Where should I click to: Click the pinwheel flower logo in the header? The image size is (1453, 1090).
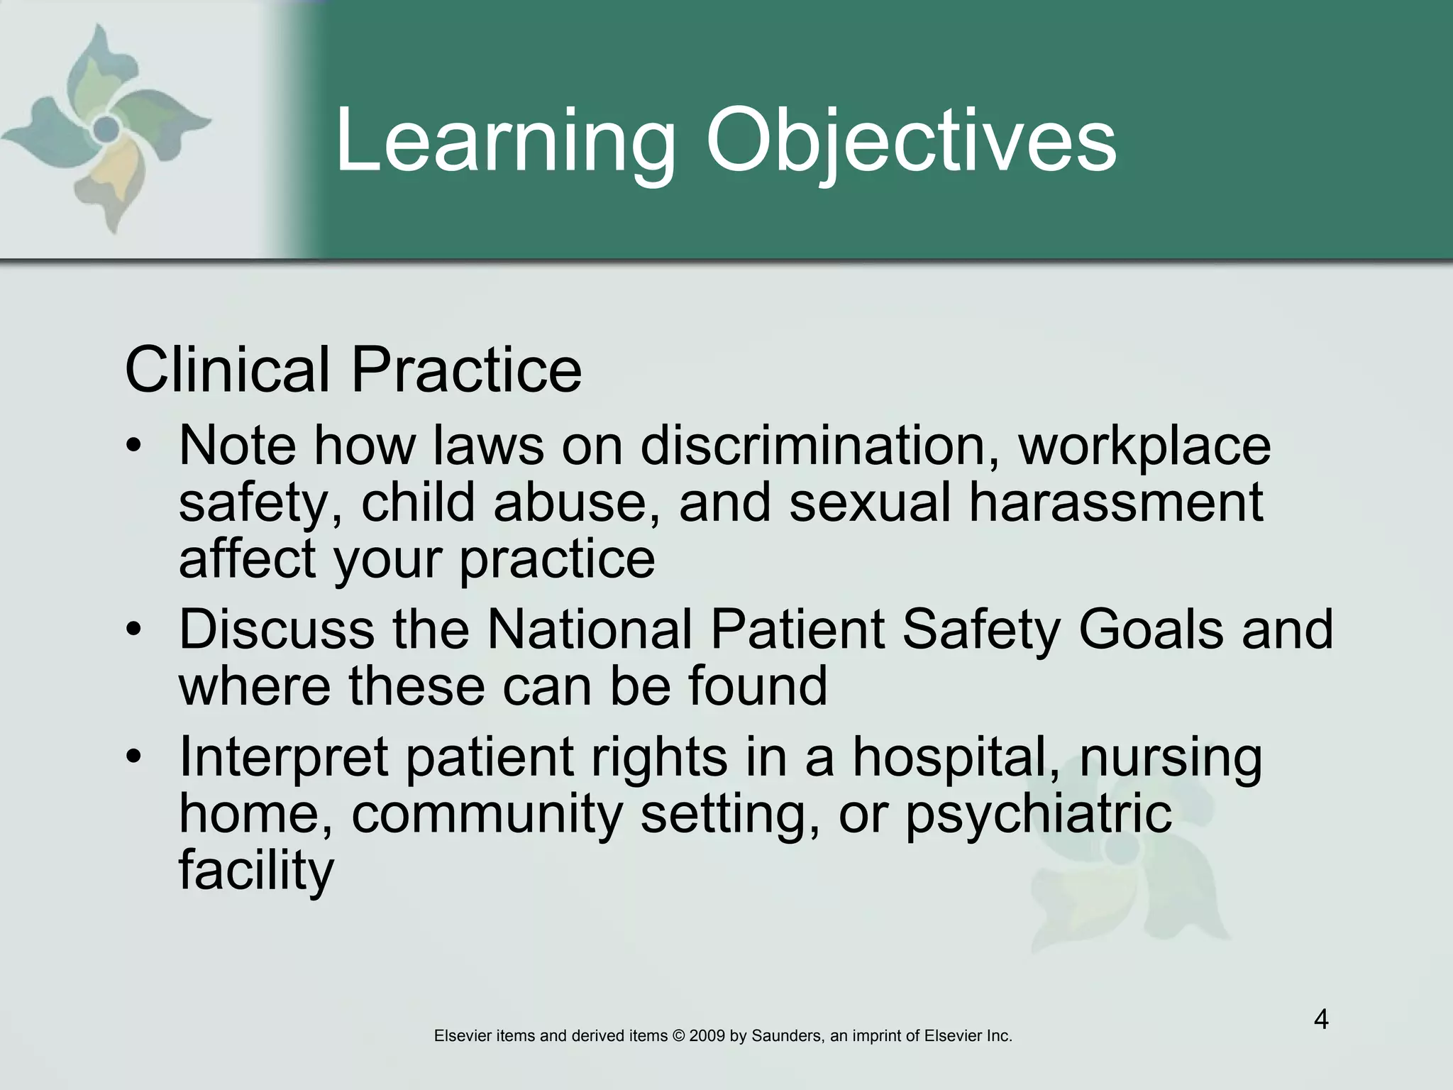coord(106,128)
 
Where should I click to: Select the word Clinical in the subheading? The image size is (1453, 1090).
coord(227,370)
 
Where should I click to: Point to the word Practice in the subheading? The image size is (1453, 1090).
coord(466,370)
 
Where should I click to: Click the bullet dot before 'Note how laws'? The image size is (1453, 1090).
coord(133,447)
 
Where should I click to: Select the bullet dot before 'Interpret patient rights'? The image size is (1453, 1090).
coord(133,758)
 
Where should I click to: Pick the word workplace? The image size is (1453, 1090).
coord(1144,447)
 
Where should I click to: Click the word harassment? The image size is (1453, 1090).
coord(1116,502)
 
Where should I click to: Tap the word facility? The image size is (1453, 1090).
coord(255,871)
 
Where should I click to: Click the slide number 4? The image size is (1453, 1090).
coord(1321,1020)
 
